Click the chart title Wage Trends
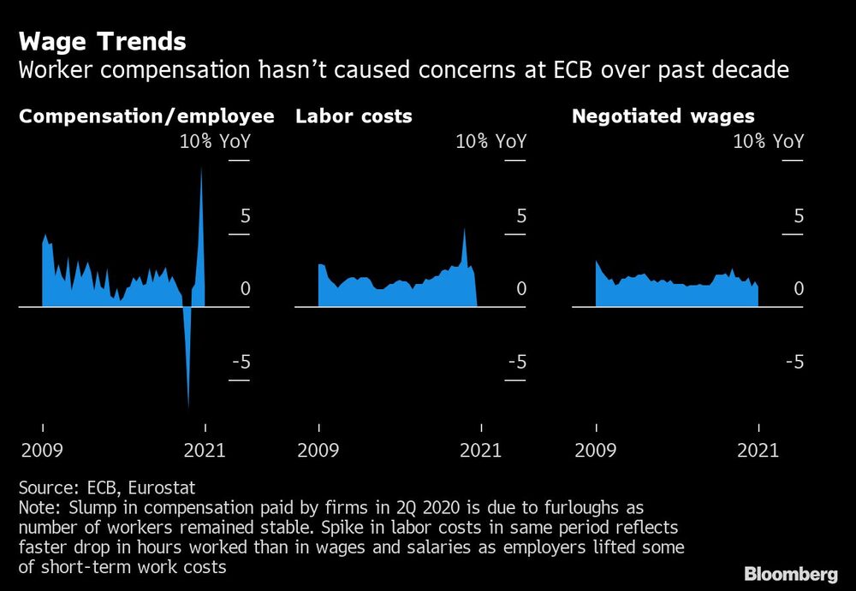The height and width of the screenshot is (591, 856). (102, 41)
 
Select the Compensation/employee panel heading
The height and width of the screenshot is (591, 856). (146, 116)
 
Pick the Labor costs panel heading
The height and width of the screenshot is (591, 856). (354, 116)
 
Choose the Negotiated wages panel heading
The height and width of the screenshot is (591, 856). (663, 116)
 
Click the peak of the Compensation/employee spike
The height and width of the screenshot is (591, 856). (202, 167)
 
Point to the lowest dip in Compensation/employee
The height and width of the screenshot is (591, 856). (188, 407)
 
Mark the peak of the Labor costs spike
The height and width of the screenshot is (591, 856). (465, 229)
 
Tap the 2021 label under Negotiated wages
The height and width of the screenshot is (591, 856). (758, 450)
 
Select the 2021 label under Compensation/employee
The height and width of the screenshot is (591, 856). (204, 450)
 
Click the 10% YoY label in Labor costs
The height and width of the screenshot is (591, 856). (491, 141)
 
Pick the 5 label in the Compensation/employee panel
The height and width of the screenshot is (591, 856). (245, 216)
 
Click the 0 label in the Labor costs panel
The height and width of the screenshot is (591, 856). (521, 289)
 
